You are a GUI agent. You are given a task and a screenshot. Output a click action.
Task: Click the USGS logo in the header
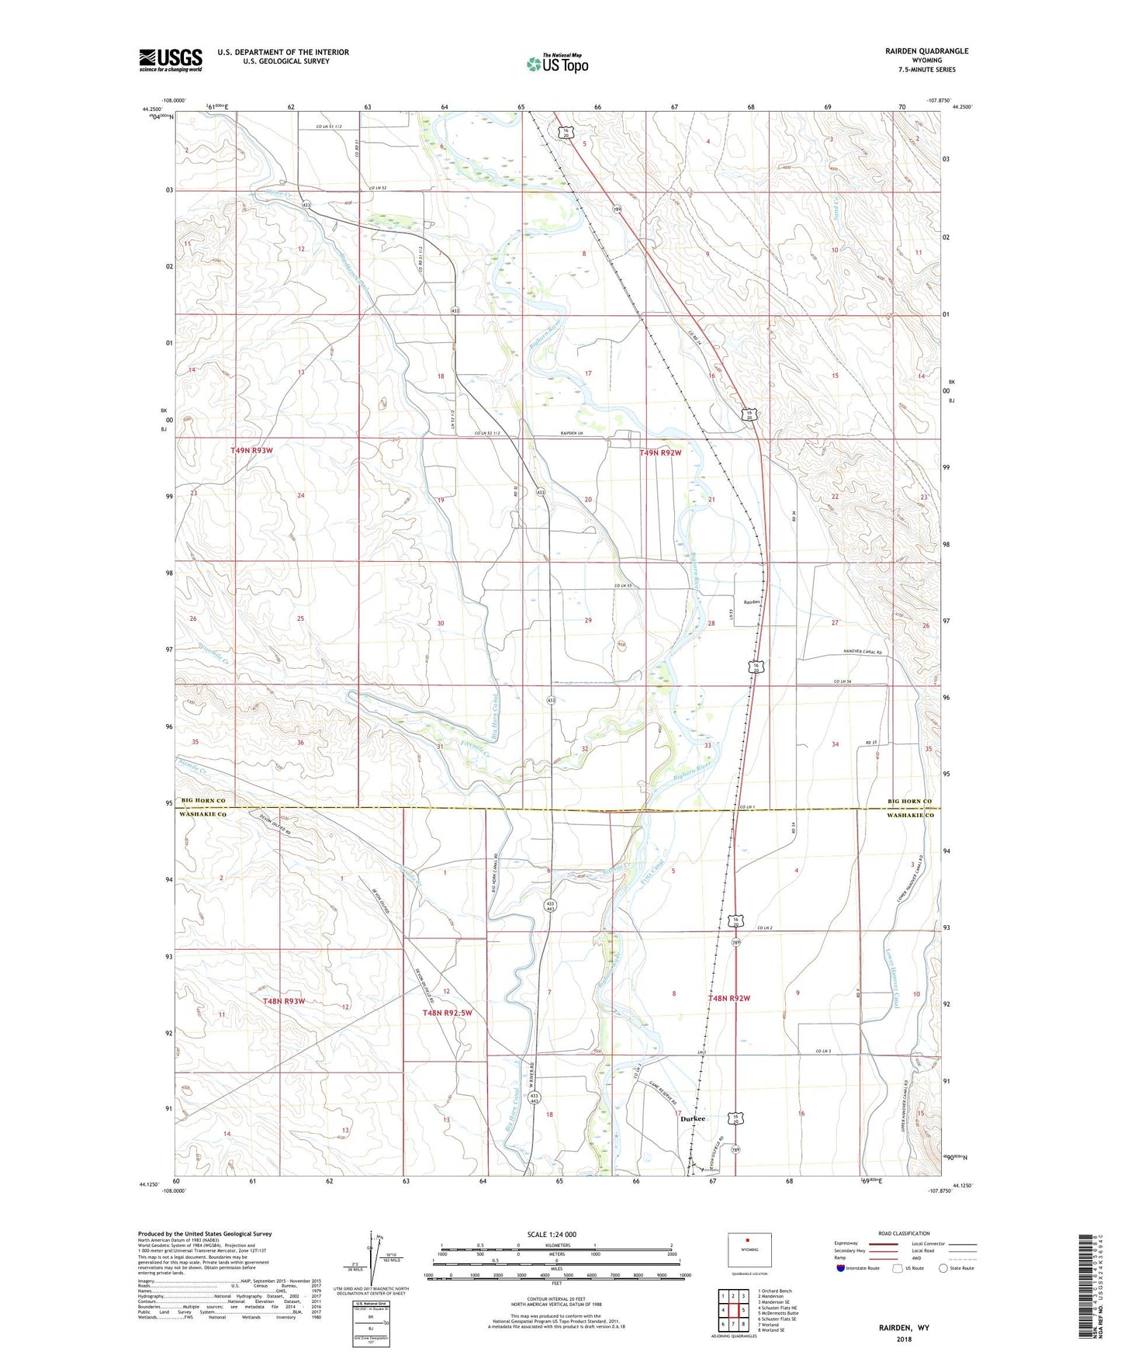pyautogui.click(x=171, y=60)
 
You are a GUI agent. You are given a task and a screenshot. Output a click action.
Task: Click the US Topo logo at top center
pyautogui.click(x=557, y=64)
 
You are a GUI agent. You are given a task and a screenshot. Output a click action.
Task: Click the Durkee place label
pyautogui.click(x=693, y=1118)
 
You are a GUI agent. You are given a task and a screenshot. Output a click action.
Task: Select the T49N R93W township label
pyautogui.click(x=252, y=450)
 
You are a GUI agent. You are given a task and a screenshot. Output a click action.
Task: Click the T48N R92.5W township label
pyautogui.click(x=447, y=1013)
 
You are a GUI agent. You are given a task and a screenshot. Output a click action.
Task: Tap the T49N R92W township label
pyautogui.click(x=660, y=452)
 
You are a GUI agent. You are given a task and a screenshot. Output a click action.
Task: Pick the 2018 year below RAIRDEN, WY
pyautogui.click(x=904, y=1339)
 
